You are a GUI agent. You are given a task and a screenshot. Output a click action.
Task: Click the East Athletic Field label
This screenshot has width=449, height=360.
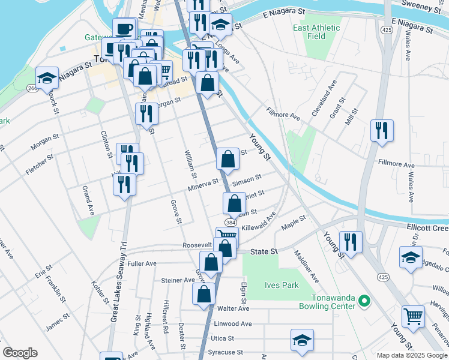click(x=316, y=32)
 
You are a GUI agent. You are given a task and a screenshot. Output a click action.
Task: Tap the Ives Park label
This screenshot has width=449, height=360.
click(x=282, y=286)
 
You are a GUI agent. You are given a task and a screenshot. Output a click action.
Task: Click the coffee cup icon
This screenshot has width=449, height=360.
click(x=124, y=29)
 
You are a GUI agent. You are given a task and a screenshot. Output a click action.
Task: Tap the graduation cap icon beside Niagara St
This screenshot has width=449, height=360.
click(x=47, y=77)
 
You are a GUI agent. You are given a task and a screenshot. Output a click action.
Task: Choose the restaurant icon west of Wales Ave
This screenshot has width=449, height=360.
click(x=382, y=130)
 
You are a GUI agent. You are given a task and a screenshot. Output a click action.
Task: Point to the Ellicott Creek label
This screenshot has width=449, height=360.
click(x=426, y=227)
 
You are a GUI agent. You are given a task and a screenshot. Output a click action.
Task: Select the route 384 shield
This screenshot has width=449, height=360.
click(x=231, y=222)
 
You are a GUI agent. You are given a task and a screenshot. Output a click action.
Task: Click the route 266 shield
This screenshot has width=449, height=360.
click(x=32, y=88)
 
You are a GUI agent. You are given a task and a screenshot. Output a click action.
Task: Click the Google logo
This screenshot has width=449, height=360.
click(x=20, y=353)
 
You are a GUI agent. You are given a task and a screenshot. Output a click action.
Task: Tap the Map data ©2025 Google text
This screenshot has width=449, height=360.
click(x=411, y=355)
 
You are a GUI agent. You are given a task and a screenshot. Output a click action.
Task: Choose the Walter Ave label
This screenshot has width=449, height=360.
click(x=233, y=308)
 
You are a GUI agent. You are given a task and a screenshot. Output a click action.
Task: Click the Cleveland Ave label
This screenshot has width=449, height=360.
click(x=324, y=100)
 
